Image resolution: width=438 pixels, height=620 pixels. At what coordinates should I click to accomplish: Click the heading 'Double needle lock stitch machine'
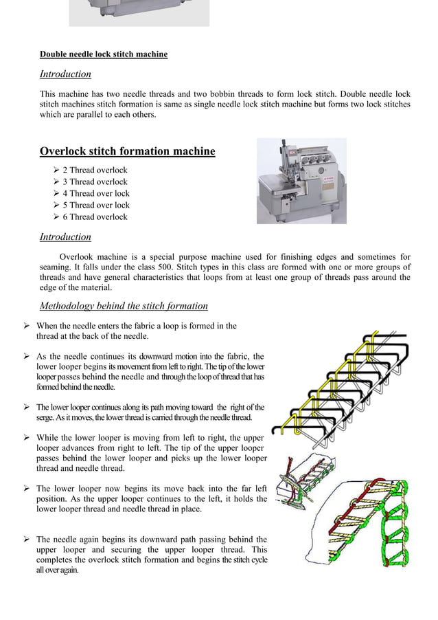tap(103, 54)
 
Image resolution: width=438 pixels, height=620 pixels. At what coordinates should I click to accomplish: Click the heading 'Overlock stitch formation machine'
tap(127, 151)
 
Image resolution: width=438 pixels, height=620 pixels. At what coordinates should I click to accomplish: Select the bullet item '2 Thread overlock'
tap(95, 170)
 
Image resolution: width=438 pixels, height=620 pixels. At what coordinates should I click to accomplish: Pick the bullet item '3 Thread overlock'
tap(95, 181)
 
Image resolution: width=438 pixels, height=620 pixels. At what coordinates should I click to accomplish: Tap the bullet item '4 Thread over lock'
tap(95, 193)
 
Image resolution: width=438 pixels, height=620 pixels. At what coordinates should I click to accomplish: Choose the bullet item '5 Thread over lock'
tap(95, 205)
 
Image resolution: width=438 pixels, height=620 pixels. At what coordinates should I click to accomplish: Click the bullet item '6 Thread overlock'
tap(95, 217)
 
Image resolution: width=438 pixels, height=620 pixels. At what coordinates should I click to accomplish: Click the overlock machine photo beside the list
tap(301, 181)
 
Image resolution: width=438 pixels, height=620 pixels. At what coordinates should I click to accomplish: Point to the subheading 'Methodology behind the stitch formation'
tap(124, 306)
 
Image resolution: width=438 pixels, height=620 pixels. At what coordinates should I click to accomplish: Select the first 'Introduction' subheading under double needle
tap(65, 74)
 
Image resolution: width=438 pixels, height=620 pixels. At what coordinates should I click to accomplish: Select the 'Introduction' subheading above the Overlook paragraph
tap(65, 236)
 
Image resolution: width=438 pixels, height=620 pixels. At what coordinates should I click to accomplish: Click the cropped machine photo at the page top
tap(139, 13)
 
